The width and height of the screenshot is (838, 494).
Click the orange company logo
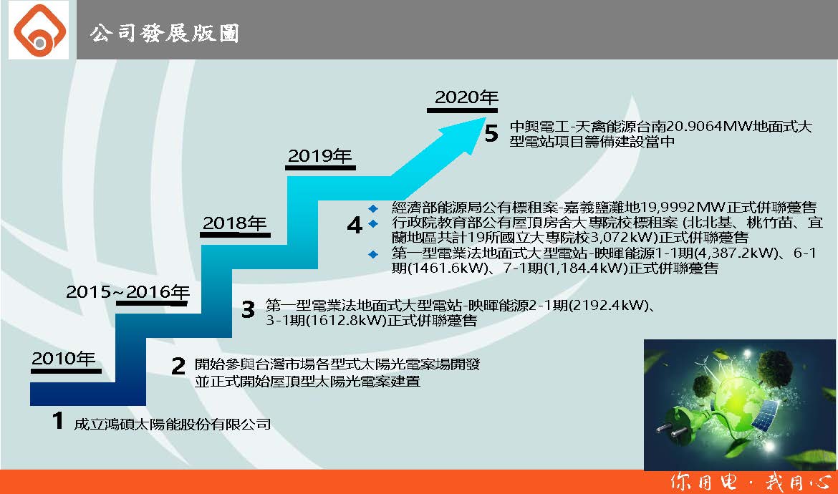click(x=39, y=30)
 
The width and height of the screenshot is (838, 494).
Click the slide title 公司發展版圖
click(x=165, y=33)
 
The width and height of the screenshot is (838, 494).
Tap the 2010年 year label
click(x=64, y=359)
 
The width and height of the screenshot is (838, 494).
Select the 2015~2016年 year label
click(x=127, y=291)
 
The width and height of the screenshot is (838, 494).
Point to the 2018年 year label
click(x=235, y=223)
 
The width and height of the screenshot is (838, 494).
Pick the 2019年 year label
click(x=320, y=156)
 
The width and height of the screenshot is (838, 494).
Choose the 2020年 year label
click(x=466, y=97)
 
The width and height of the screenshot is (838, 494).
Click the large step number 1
click(x=58, y=421)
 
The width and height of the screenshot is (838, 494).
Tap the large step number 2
click(x=178, y=366)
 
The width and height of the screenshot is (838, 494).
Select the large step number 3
click(x=248, y=309)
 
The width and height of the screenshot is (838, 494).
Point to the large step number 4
click(x=355, y=225)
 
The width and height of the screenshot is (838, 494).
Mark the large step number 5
click(x=491, y=133)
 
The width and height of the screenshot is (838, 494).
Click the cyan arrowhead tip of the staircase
click(x=486, y=117)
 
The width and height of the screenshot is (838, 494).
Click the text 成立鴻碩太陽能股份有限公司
click(x=172, y=424)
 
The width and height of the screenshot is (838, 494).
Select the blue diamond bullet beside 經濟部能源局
click(x=373, y=208)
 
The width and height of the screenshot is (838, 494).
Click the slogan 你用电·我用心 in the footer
click(x=751, y=482)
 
